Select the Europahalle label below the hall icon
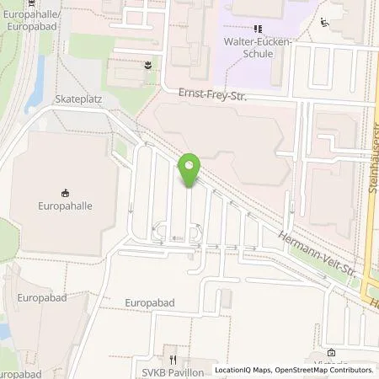[x=65, y=205]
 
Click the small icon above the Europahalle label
[x=65, y=190]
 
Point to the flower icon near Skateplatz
[x=148, y=64]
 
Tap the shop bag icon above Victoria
[x=331, y=353]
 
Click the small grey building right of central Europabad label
[x=224, y=299]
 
